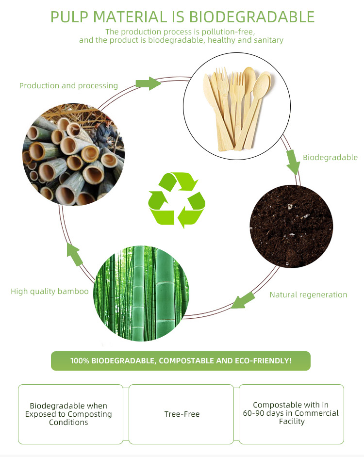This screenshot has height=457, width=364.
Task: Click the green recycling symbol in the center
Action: [177, 200]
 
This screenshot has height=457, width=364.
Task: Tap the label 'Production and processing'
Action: [68, 86]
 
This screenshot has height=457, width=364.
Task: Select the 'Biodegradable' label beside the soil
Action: [330, 157]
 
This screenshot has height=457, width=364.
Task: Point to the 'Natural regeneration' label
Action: [308, 294]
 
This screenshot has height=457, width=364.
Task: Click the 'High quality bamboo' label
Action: [50, 291]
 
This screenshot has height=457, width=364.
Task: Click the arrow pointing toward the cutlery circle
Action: [148, 83]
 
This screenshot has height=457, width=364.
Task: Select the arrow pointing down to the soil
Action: [292, 162]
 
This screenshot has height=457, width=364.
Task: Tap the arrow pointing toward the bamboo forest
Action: [243, 300]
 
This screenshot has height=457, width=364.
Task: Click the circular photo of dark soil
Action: [291, 227]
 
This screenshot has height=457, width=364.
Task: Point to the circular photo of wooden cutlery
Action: [236, 106]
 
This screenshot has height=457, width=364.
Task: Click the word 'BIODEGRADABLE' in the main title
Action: [251, 17]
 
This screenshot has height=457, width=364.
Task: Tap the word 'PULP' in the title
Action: [69, 17]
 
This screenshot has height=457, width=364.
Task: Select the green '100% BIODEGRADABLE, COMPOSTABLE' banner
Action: [181, 361]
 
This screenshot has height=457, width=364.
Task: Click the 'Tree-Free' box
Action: [182, 414]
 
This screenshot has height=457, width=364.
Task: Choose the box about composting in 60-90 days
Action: [291, 413]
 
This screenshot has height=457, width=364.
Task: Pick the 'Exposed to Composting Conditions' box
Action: [70, 414]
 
